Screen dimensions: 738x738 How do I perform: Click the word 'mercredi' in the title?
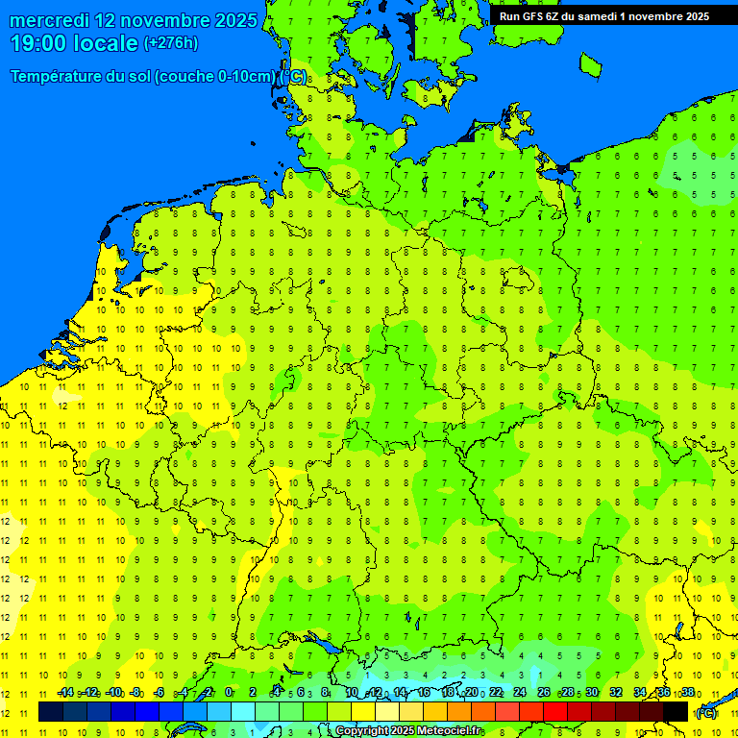click(48, 20)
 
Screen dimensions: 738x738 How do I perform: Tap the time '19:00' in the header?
click(37, 43)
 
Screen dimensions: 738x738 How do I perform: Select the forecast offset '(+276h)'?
click(170, 43)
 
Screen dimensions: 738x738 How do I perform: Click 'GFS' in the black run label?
click(534, 16)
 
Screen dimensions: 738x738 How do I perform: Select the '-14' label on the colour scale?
click(65, 693)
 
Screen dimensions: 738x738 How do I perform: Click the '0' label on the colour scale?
click(229, 693)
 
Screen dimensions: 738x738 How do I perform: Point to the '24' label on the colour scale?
click(520, 693)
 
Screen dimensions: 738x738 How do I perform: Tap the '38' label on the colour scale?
click(688, 693)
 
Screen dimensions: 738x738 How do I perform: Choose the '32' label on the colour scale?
click(616, 693)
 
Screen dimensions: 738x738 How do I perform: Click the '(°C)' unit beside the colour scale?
click(706, 712)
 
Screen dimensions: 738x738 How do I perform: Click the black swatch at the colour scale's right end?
click(676, 711)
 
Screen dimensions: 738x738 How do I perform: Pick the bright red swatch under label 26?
click(555, 711)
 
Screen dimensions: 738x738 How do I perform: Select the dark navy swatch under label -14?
click(51, 711)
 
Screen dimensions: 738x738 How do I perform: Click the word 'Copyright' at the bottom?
click(363, 731)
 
